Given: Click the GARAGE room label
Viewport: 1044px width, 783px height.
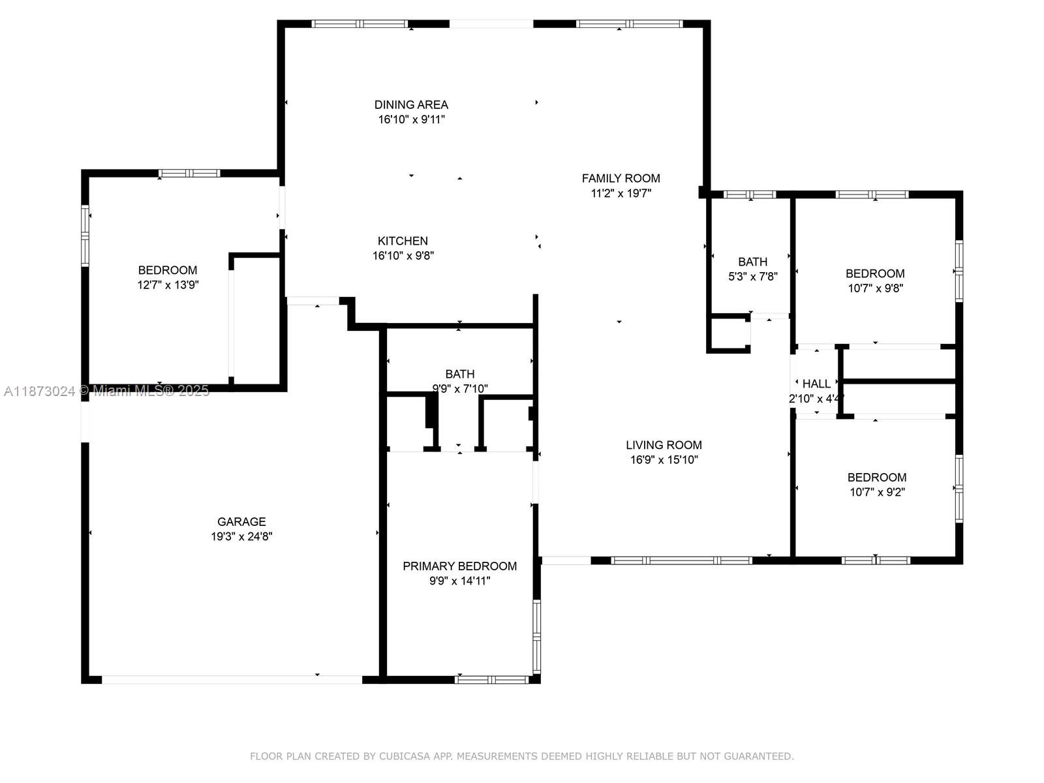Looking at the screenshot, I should (241, 521).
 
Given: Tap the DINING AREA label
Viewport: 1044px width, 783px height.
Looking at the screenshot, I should (411, 104).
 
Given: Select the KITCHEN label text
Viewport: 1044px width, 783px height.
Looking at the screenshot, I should (403, 241).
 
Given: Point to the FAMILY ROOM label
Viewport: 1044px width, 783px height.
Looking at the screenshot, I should (621, 178).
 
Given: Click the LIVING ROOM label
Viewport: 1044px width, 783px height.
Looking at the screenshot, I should (664, 445).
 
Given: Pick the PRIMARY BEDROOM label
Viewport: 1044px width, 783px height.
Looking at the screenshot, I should (459, 566).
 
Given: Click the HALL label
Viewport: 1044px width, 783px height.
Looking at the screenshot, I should (816, 384).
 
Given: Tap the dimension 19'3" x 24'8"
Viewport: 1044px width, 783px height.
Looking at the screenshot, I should (241, 536).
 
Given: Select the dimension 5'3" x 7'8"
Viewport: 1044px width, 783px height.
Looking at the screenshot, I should (752, 277).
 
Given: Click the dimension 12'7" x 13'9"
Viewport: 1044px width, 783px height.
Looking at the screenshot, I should (168, 284).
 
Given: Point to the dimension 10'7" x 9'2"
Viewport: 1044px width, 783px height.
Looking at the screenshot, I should (877, 492).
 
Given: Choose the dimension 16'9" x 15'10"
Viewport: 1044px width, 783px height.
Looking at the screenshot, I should (664, 460).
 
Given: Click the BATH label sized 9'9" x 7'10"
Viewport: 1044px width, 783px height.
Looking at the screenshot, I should (459, 374).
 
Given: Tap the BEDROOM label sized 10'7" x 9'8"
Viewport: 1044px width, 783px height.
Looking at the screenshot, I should (875, 273).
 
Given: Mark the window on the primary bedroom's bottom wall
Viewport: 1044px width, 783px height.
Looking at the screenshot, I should (491, 679).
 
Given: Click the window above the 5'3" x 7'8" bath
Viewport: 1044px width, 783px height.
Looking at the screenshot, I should (750, 194).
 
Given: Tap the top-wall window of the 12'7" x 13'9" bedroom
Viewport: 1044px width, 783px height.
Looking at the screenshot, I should (189, 174).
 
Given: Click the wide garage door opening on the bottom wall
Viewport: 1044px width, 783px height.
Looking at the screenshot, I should (232, 679).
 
